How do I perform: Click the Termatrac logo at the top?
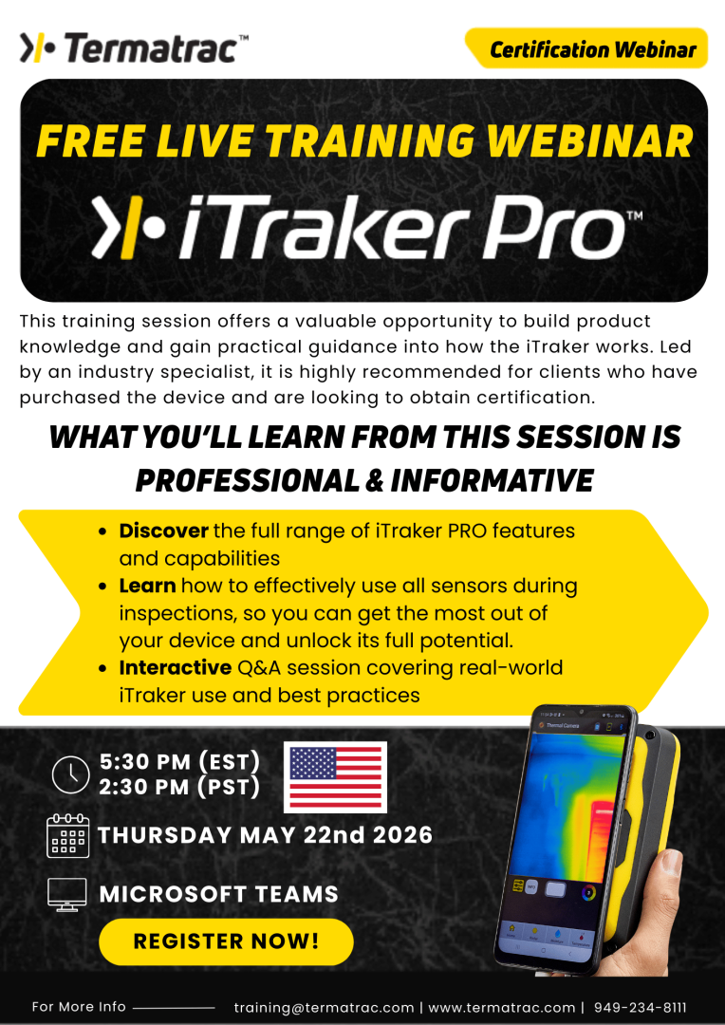pos(134,47)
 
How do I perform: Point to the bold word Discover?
pos(163,531)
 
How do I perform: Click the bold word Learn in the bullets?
pos(147,587)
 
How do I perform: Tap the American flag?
pos(337,776)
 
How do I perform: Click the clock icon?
pos(70,775)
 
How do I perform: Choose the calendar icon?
pos(67,836)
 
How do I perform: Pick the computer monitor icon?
pos(67,894)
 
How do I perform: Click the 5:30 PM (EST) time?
pos(179,762)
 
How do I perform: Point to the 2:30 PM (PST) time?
pos(179,787)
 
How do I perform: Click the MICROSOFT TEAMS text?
pos(219,894)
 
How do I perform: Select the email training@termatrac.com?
pos(324,1008)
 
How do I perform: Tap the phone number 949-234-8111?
pos(640,1008)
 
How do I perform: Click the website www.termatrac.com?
pos(502,1008)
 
